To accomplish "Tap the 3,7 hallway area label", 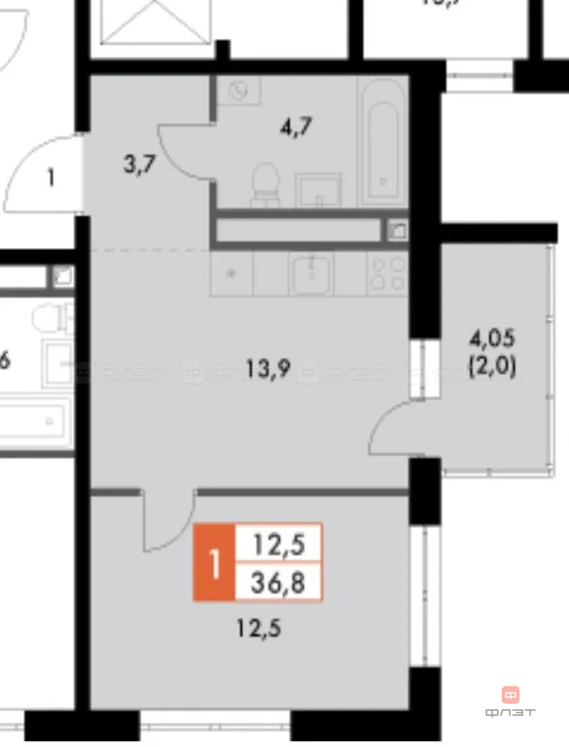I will (137, 165).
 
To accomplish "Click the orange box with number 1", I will (215, 563).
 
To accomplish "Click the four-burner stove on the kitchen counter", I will (390, 274).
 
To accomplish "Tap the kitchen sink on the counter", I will (311, 273).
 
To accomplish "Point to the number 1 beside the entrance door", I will (51, 179).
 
